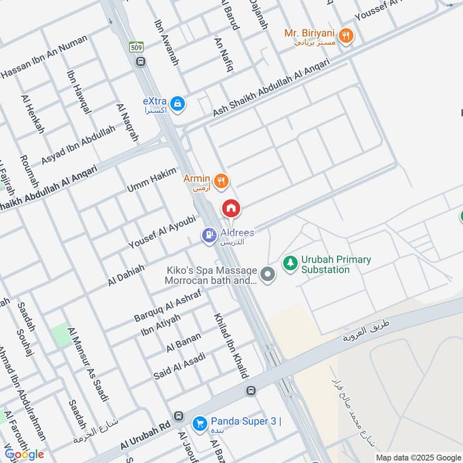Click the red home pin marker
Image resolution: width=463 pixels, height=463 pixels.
231,208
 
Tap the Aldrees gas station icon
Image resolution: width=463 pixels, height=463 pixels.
209,235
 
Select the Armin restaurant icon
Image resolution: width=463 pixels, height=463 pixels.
221,182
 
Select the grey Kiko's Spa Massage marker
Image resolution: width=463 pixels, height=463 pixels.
267,274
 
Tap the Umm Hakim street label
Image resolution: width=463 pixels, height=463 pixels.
152,179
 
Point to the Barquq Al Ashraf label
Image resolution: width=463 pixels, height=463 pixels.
167,306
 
